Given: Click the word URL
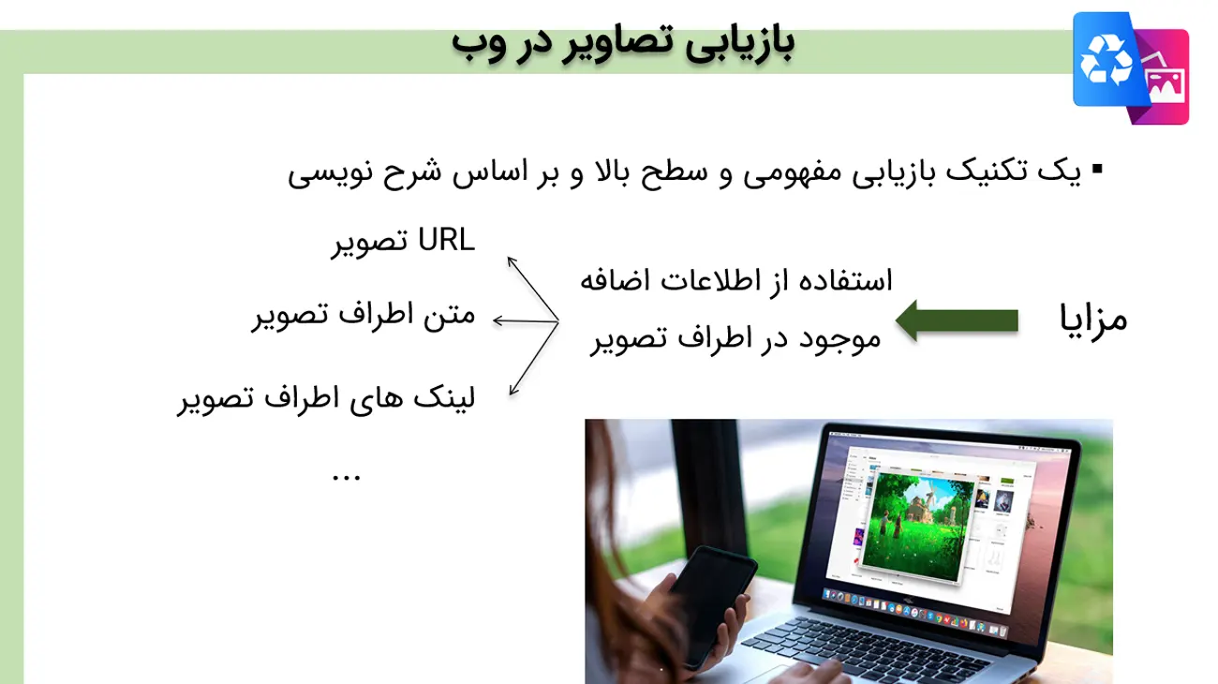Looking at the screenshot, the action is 446,240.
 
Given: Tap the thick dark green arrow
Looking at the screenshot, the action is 957,320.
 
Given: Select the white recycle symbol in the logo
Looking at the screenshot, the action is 1106,59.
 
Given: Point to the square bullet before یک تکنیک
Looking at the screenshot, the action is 1097,169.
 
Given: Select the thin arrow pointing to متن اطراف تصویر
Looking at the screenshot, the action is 526,321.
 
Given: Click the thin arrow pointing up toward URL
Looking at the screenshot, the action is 533,290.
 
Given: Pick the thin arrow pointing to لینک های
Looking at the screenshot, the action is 534,359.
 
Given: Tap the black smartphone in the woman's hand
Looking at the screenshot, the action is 709,606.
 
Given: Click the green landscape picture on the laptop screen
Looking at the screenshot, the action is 918,526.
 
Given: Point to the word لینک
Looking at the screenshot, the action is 445,397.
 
